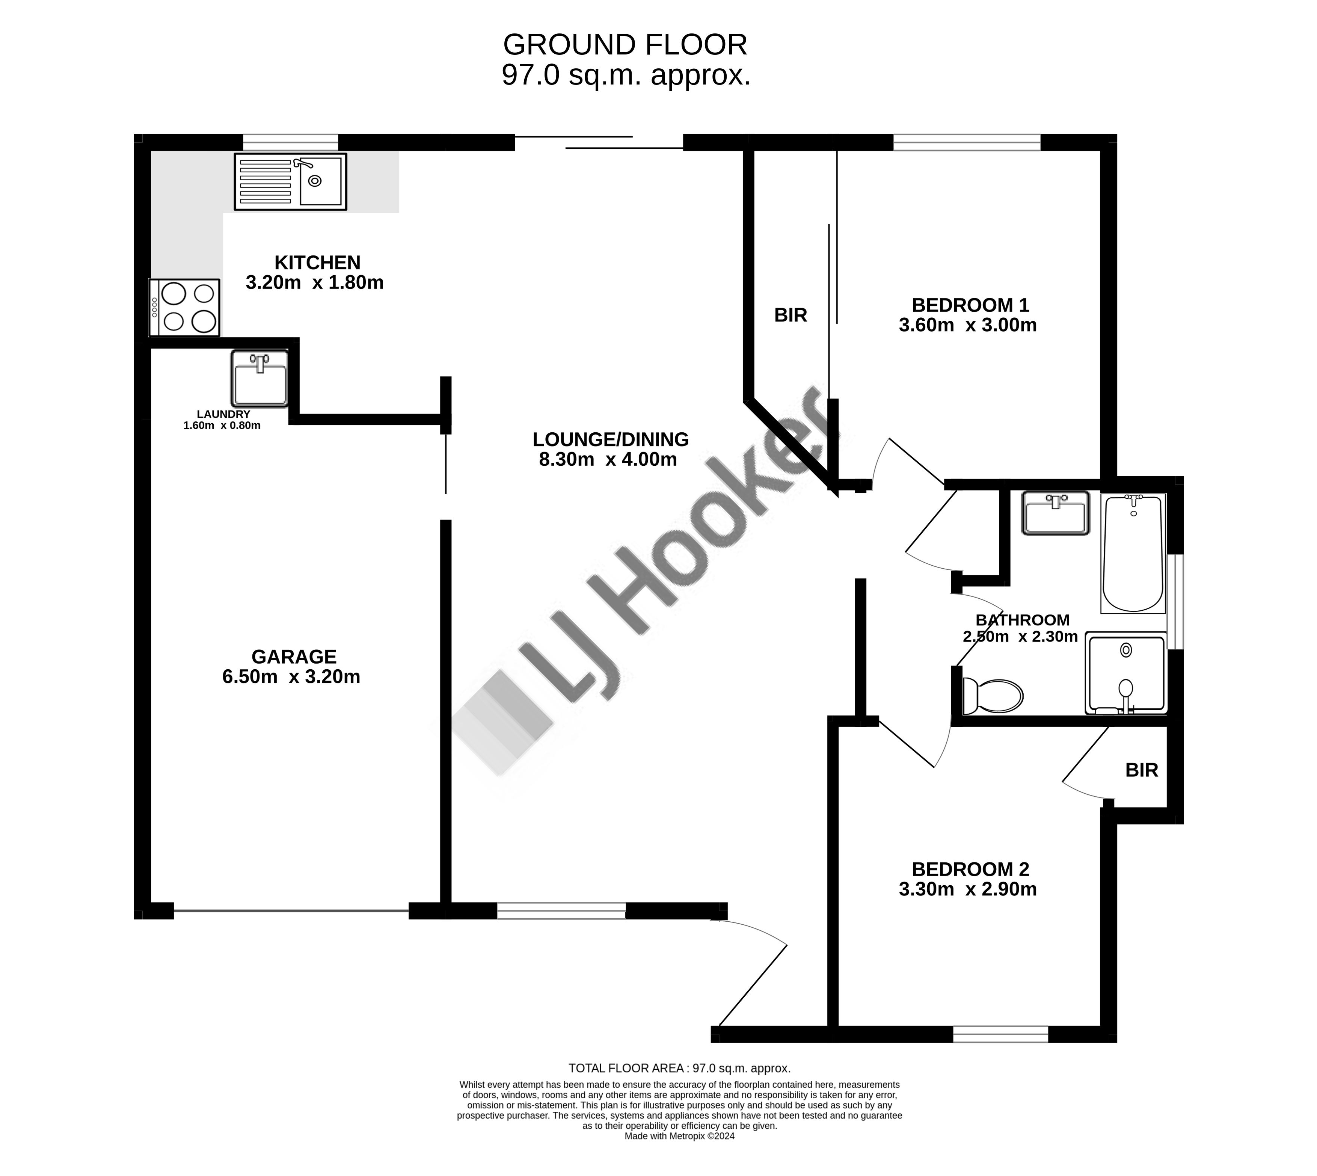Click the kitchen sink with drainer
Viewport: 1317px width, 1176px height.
click(290, 181)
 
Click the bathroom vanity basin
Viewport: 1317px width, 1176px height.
click(1055, 513)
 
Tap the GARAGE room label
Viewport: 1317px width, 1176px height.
click(294, 657)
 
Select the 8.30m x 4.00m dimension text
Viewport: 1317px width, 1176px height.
click(608, 459)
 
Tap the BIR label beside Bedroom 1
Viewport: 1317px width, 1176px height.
click(791, 316)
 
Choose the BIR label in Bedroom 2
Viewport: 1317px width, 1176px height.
click(1141, 770)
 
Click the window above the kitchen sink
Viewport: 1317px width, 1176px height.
click(290, 142)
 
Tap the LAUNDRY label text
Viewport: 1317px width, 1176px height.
click(223, 414)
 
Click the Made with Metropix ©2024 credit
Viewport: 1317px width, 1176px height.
click(679, 1154)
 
